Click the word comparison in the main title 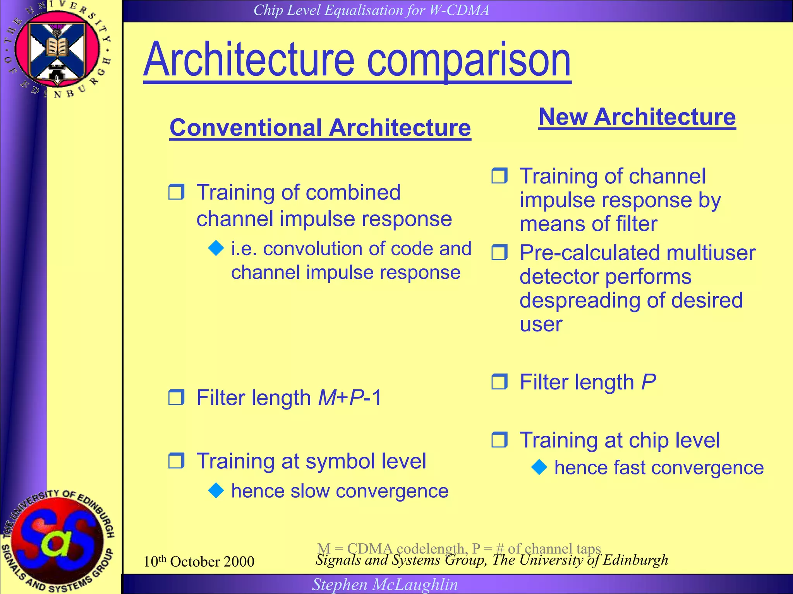coord(469,61)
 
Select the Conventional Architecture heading coord(320,128)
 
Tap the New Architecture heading coord(637,117)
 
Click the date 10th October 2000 coord(199,562)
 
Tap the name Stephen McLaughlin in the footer coord(385,584)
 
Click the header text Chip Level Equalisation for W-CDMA coord(371,10)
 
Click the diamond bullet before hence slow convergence coord(216,490)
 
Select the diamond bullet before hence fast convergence coord(539,467)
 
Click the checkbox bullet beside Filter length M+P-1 coord(177,397)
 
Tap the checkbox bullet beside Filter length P coord(499,382)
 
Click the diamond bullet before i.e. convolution coord(216,248)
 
